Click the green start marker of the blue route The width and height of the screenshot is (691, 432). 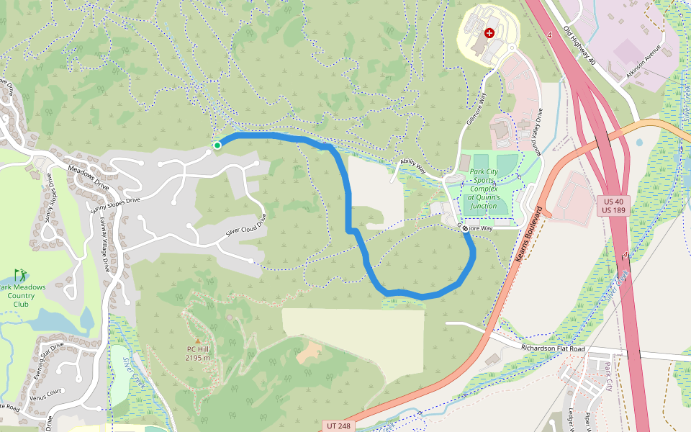[x=217, y=145]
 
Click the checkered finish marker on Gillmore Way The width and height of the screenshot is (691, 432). [x=466, y=228]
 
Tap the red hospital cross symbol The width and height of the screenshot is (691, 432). [x=490, y=32]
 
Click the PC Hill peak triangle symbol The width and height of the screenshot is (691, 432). [x=198, y=341]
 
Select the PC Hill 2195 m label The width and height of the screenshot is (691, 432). [x=198, y=353]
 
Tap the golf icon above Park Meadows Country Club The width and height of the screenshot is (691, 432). [x=20, y=274]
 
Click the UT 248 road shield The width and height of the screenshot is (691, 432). [x=338, y=426]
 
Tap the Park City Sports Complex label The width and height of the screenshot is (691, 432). [x=483, y=189]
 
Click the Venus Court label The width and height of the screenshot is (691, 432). [x=46, y=393]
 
